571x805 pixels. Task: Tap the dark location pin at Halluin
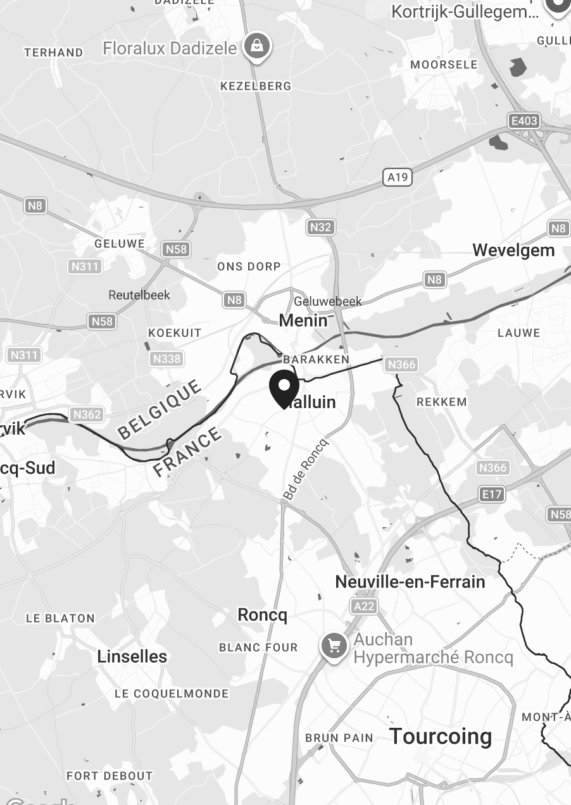click(x=284, y=389)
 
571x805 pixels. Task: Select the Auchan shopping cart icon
click(x=334, y=646)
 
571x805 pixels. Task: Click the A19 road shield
click(x=398, y=177)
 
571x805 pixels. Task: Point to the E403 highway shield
click(x=524, y=120)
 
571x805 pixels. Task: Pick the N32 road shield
click(x=320, y=227)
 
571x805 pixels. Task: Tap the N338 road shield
click(x=166, y=359)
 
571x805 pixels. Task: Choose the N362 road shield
click(x=87, y=415)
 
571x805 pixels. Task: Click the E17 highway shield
click(x=492, y=494)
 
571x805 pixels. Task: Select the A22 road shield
click(x=364, y=607)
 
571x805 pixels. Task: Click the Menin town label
click(x=303, y=320)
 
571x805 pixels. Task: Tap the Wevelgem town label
click(x=513, y=250)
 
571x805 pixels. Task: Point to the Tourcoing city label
click(x=440, y=736)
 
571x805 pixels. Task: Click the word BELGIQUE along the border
click(x=160, y=409)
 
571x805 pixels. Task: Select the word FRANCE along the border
click(x=188, y=452)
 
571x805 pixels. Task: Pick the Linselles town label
click(x=132, y=656)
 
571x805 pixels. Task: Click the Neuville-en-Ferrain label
click(x=410, y=582)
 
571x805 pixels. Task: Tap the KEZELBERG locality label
click(x=256, y=86)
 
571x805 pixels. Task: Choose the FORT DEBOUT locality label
click(x=110, y=775)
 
